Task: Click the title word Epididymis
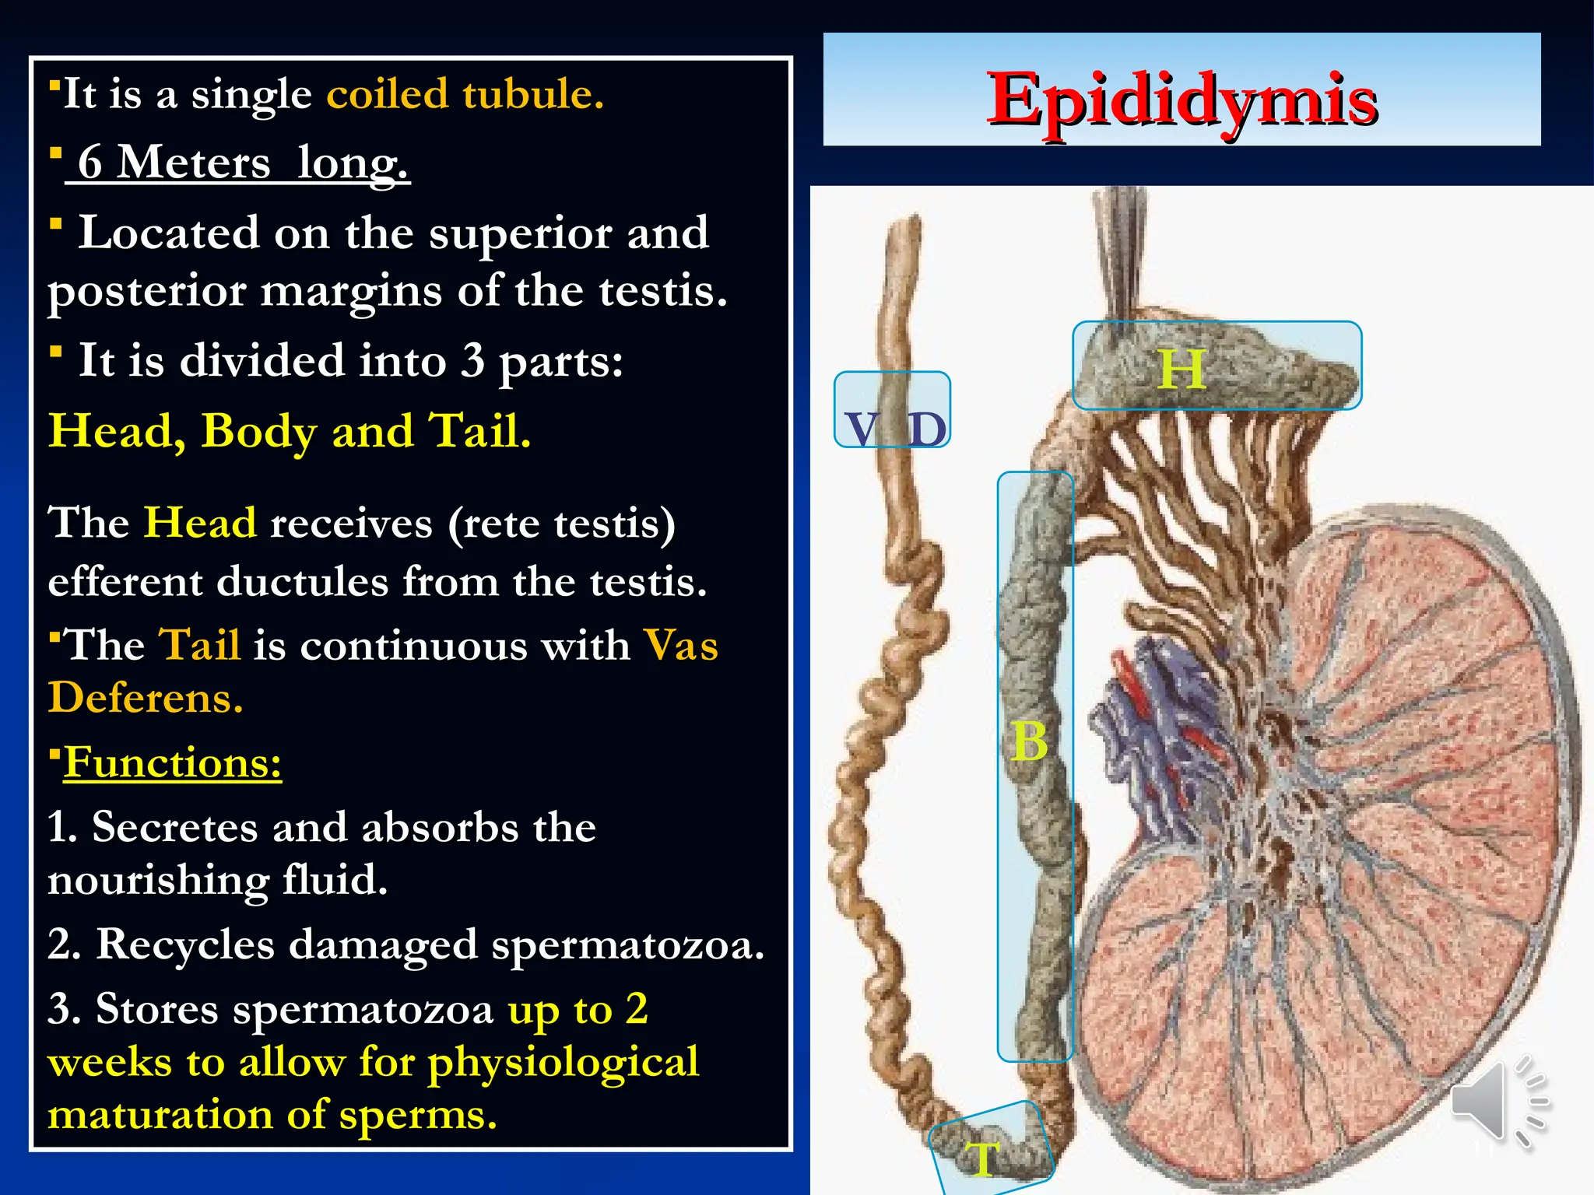click(x=1181, y=101)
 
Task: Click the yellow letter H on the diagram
click(x=1181, y=370)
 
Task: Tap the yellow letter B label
click(x=1030, y=741)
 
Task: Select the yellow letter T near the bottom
click(x=982, y=1158)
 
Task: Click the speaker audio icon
click(x=1498, y=1102)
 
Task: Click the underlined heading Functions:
click(x=172, y=762)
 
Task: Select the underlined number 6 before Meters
click(x=90, y=163)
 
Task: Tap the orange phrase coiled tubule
click(x=465, y=94)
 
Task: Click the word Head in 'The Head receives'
click(x=200, y=522)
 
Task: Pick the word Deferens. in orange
click(x=146, y=697)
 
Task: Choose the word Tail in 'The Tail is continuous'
click(x=199, y=645)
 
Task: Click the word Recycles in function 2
click(x=185, y=944)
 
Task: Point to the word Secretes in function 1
click(x=174, y=826)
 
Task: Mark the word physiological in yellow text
click(x=563, y=1063)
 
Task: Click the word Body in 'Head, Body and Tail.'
click(x=258, y=431)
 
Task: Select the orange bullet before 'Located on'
click(x=56, y=224)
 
